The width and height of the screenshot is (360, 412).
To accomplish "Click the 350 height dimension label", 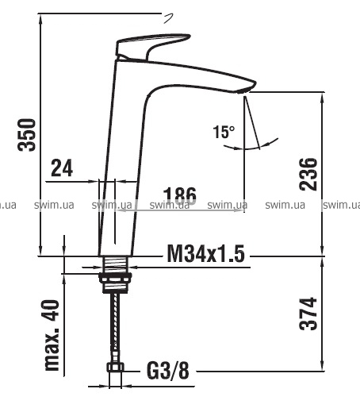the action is tap(26, 135).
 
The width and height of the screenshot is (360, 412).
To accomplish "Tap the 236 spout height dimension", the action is tap(308, 174).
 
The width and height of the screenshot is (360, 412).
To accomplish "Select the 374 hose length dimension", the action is tap(308, 314).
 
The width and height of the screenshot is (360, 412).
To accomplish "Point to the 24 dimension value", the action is tap(62, 168).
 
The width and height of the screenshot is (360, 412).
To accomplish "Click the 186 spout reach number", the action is tap(180, 196).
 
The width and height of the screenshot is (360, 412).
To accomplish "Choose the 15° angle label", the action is tap(224, 132).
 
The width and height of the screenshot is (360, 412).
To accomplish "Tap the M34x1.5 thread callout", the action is tap(206, 254).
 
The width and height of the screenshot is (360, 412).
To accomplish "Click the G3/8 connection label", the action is tap(168, 371).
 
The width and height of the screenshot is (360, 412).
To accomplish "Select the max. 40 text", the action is tap(52, 335).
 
